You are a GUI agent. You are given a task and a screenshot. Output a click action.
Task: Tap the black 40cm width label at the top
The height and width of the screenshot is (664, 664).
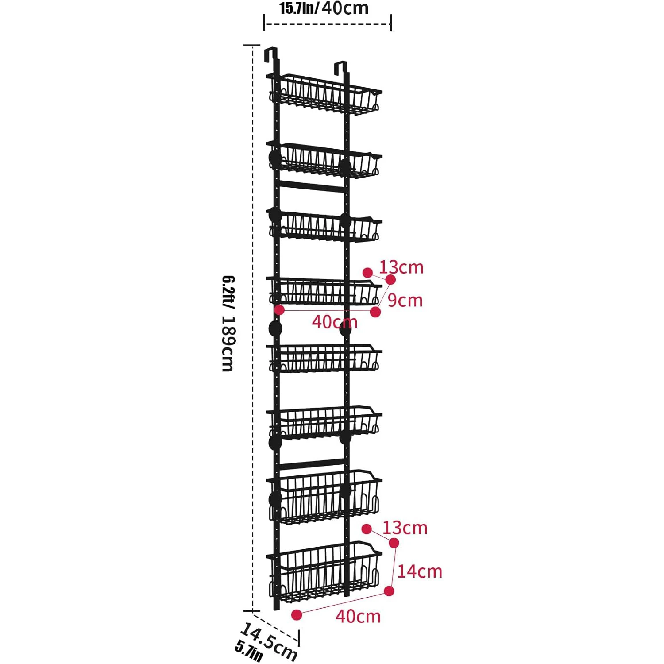pyautogui.click(x=345, y=8)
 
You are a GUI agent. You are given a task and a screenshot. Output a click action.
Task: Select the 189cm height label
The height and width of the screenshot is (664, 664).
pyautogui.click(x=228, y=344)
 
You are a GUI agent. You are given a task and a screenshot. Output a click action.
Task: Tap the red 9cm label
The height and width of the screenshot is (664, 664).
pyautogui.click(x=405, y=301)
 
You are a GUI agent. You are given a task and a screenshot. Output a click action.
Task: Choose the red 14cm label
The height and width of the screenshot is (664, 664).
pyautogui.click(x=420, y=571)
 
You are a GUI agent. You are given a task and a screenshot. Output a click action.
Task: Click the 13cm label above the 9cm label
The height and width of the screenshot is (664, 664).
pyautogui.click(x=401, y=267)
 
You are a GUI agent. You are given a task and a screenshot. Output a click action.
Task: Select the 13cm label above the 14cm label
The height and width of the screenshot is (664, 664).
pyautogui.click(x=405, y=528)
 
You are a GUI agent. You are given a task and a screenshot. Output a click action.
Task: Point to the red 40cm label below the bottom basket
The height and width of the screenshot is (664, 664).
pyautogui.click(x=358, y=616)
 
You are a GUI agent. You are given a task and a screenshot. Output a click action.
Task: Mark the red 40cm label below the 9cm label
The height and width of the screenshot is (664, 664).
pyautogui.click(x=335, y=322)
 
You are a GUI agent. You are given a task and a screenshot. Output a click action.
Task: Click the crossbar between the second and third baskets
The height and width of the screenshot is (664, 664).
pyautogui.click(x=312, y=186)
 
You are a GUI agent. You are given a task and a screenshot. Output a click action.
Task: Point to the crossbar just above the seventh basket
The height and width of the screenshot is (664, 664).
pyautogui.click(x=312, y=463)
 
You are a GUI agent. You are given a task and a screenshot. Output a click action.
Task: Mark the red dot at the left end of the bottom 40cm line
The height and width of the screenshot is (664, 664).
pyautogui.click(x=297, y=614)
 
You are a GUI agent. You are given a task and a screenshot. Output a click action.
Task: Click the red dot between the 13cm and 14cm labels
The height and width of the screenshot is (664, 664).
pyautogui.click(x=394, y=543)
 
